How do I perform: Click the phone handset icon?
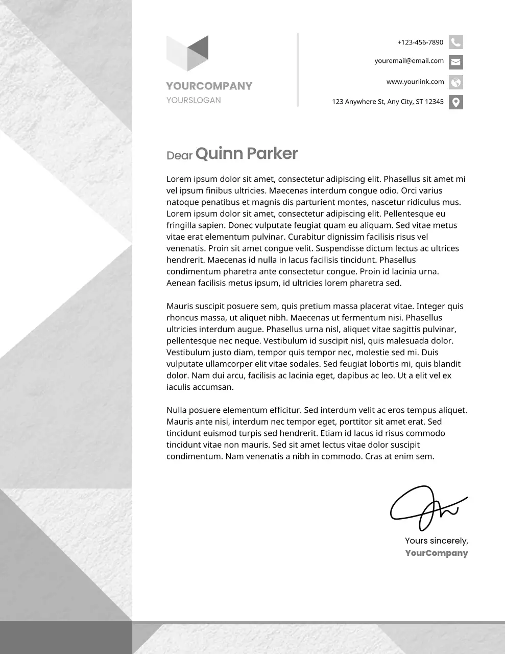point(455,42)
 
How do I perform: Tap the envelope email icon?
point(455,62)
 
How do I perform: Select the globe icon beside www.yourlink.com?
point(455,82)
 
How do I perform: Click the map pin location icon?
point(455,102)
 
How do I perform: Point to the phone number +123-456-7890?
point(420,42)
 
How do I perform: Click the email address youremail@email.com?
point(409,61)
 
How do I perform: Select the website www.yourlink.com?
point(415,82)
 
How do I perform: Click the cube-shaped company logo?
point(187,53)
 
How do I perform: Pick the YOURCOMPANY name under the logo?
point(209,86)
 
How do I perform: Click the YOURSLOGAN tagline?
point(194,100)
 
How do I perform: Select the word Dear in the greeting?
point(179,155)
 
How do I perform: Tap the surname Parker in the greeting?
point(272,153)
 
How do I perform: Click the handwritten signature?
point(426,508)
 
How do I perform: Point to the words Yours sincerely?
point(436,541)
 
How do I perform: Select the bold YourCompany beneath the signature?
point(436,553)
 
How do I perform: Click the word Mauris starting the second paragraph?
point(180,306)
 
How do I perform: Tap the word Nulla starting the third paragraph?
point(177,410)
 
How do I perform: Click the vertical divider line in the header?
point(298,70)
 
